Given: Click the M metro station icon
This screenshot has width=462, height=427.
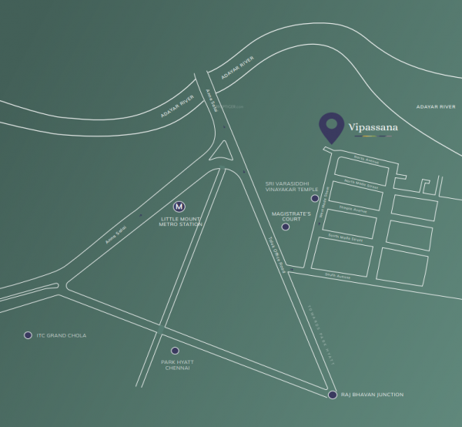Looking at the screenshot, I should click(179, 207).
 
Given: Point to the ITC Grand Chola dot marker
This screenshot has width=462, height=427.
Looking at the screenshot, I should click(28, 335).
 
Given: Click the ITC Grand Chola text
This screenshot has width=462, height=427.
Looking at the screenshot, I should click(62, 336).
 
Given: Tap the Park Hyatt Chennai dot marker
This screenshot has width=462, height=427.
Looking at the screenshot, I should click(175, 351).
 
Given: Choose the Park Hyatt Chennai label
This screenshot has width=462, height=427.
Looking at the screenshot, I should click(176, 365).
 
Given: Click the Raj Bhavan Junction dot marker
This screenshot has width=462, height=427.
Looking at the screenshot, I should click(332, 395).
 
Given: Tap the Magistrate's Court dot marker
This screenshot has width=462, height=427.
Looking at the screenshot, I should click(286, 227).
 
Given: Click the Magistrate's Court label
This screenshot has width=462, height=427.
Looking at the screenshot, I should click(291, 214).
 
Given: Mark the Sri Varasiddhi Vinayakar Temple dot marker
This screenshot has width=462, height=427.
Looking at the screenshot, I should click(314, 198).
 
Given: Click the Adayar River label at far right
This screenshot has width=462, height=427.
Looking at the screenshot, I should click(436, 106).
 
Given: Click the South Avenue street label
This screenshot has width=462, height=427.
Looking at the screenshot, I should click(338, 274).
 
